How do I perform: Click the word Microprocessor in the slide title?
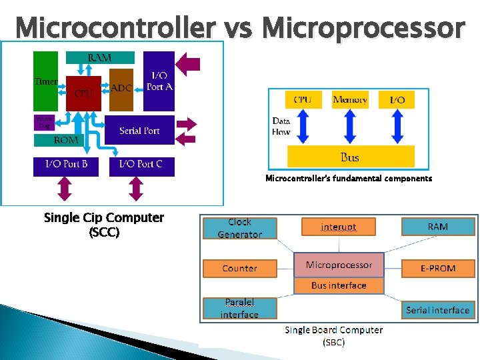point(363,28)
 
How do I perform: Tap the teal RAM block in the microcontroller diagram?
point(100,59)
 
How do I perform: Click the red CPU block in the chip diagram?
point(83,93)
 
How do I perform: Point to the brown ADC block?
point(121,88)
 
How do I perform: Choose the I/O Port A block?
point(159,81)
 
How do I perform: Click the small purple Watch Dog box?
point(44,123)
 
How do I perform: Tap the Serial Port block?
point(139,131)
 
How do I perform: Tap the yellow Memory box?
point(350,100)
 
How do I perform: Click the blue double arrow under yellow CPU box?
point(303,127)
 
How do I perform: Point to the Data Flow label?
point(281,126)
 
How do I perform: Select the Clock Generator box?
point(239,228)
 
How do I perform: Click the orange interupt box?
point(339,227)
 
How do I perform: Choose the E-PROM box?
point(438,268)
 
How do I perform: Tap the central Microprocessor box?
point(339,265)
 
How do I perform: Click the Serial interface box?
point(438,310)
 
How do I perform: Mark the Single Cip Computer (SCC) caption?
point(103,225)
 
